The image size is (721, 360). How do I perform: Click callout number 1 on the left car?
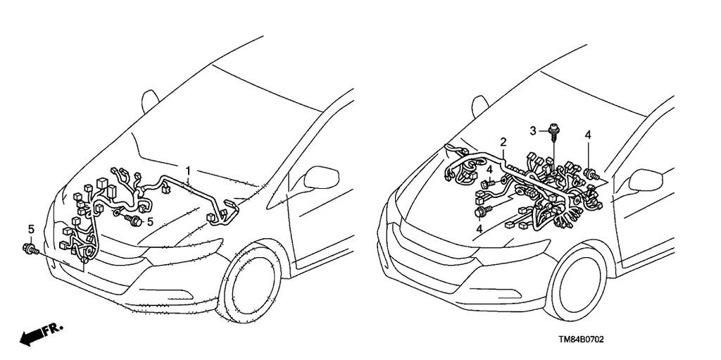pos(188,172)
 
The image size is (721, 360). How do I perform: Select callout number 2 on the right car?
pos(503,142)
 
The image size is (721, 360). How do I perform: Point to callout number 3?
pos(533,131)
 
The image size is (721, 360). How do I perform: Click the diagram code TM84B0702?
pos(581,340)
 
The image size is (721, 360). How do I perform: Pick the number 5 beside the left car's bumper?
pos(31,229)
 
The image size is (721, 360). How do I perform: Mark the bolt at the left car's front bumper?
pos(28,249)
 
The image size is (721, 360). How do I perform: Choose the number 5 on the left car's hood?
pos(150,222)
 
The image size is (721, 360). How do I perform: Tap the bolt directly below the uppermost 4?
pos(591,174)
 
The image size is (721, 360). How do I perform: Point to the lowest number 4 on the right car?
pos(479,228)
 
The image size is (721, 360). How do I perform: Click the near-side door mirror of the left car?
pos(321,178)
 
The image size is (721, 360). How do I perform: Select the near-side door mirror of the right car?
pos(646,180)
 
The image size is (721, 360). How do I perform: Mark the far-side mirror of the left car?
pos(150,101)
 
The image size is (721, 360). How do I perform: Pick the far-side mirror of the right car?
pos(479,106)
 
